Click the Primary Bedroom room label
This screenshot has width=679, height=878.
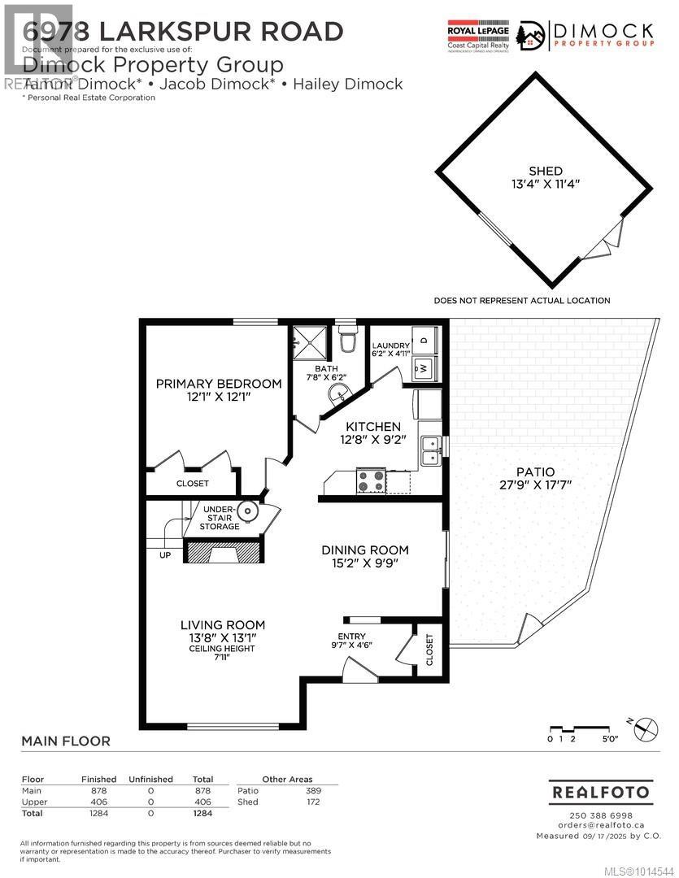click(x=219, y=384)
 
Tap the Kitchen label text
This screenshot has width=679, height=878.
click(x=373, y=427)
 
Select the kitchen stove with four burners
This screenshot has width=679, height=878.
click(x=372, y=481)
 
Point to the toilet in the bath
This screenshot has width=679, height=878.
click(x=347, y=340)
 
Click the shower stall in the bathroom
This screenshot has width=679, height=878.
click(x=309, y=342)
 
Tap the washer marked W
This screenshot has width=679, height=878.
click(x=424, y=367)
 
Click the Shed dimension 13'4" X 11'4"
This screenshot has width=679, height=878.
click(x=545, y=185)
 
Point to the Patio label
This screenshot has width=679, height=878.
click(x=535, y=472)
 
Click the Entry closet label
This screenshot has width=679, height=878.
click(x=429, y=650)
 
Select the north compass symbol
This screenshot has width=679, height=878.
click(x=643, y=728)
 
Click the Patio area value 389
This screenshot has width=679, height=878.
click(x=312, y=791)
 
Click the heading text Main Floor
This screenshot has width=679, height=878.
click(x=65, y=741)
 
